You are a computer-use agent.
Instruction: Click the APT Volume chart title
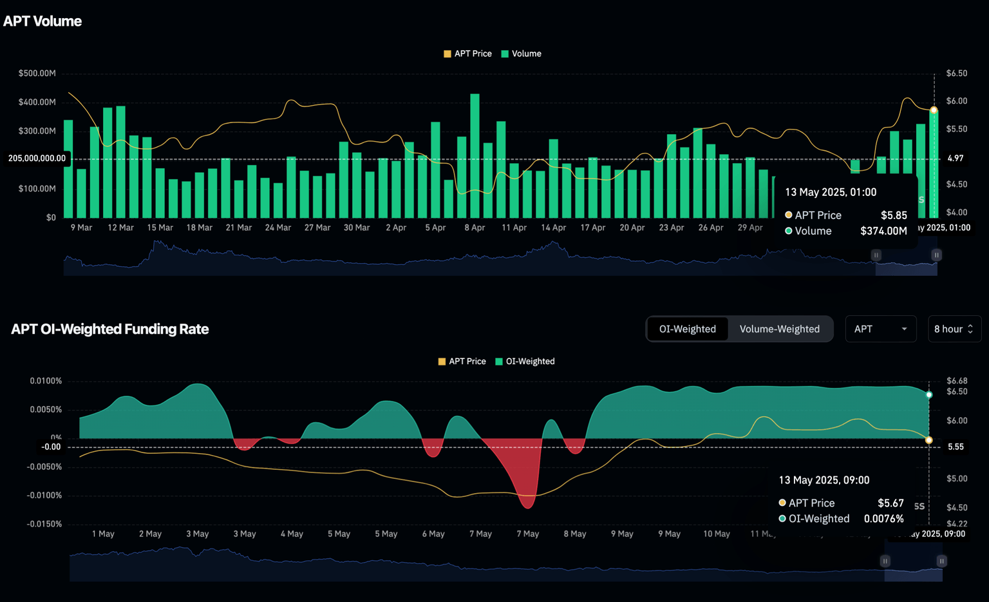[42, 21]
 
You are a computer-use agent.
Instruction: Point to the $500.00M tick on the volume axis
[37, 73]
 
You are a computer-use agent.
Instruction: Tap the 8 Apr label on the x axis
[475, 228]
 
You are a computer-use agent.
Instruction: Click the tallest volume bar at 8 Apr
[475, 155]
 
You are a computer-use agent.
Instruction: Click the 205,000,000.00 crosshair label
[37, 158]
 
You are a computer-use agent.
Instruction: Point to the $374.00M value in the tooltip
[883, 231]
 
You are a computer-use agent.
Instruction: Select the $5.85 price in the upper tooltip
[894, 215]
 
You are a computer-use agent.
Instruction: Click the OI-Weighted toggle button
[687, 329]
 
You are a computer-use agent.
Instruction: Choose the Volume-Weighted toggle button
[779, 329]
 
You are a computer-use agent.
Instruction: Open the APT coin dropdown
[880, 329]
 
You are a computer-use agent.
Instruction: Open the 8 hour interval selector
[954, 329]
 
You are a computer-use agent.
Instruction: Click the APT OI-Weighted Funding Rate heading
[110, 329]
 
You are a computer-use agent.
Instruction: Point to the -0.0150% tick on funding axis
[44, 524]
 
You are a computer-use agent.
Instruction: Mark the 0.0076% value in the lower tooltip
[883, 519]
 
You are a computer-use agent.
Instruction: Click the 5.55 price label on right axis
[956, 447]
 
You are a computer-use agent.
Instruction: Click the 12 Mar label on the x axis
[120, 228]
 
